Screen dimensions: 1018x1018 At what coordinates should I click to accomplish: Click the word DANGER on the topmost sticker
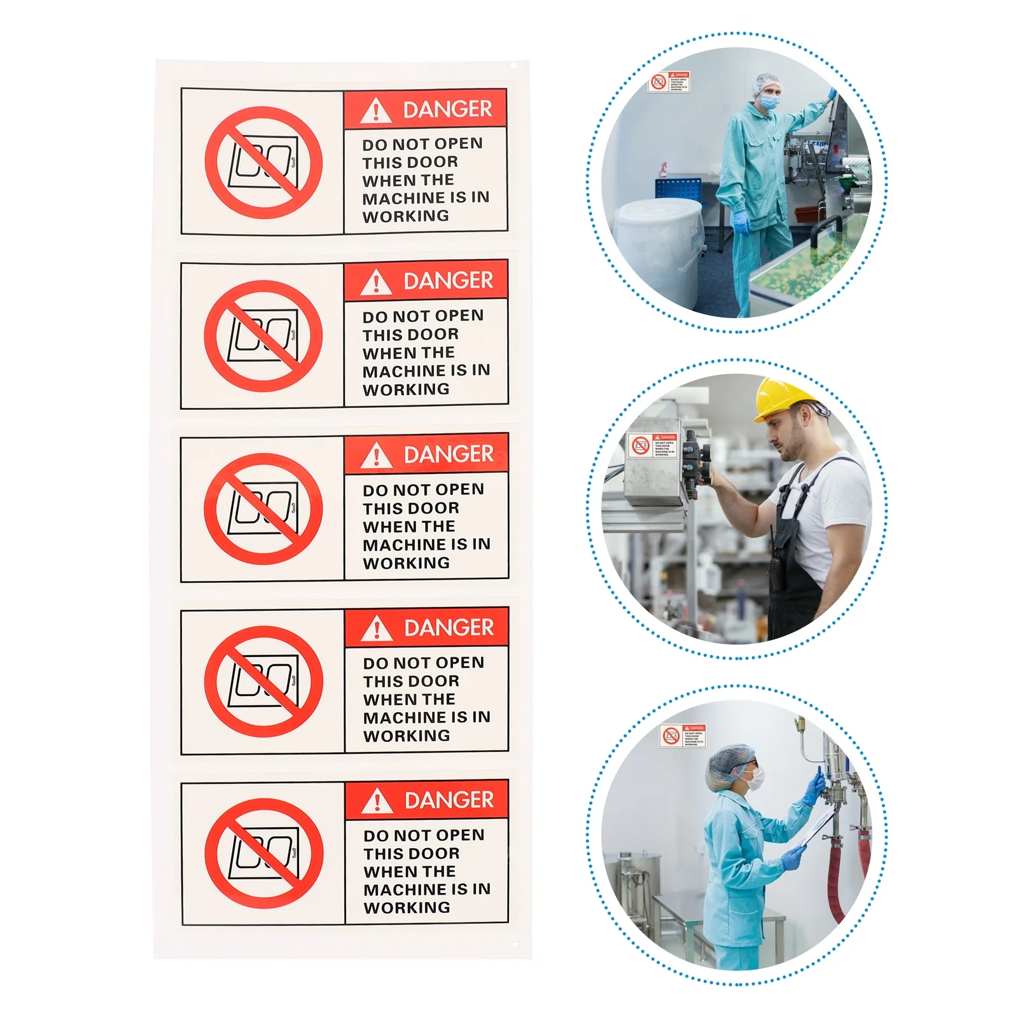point(447,109)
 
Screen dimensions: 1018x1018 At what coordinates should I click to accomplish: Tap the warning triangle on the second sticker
point(376,282)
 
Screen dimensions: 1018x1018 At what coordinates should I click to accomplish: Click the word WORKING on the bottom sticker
point(407,908)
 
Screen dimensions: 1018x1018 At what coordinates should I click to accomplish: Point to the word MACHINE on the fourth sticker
point(405,718)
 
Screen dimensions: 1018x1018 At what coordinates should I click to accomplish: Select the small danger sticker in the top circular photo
point(669,82)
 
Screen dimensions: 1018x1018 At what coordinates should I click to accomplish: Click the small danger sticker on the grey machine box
point(653,445)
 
